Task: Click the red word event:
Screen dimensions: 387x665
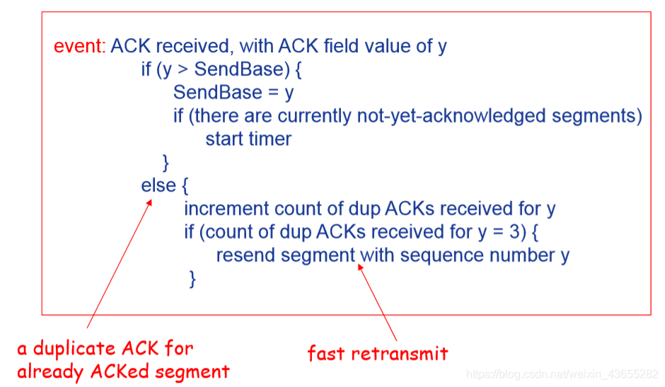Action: click(80, 47)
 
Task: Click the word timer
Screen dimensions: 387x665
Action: click(270, 139)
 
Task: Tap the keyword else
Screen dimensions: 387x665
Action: click(158, 185)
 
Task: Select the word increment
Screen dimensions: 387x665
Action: click(226, 209)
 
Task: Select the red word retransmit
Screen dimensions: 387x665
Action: click(404, 352)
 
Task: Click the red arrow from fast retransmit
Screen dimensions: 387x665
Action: click(378, 301)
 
